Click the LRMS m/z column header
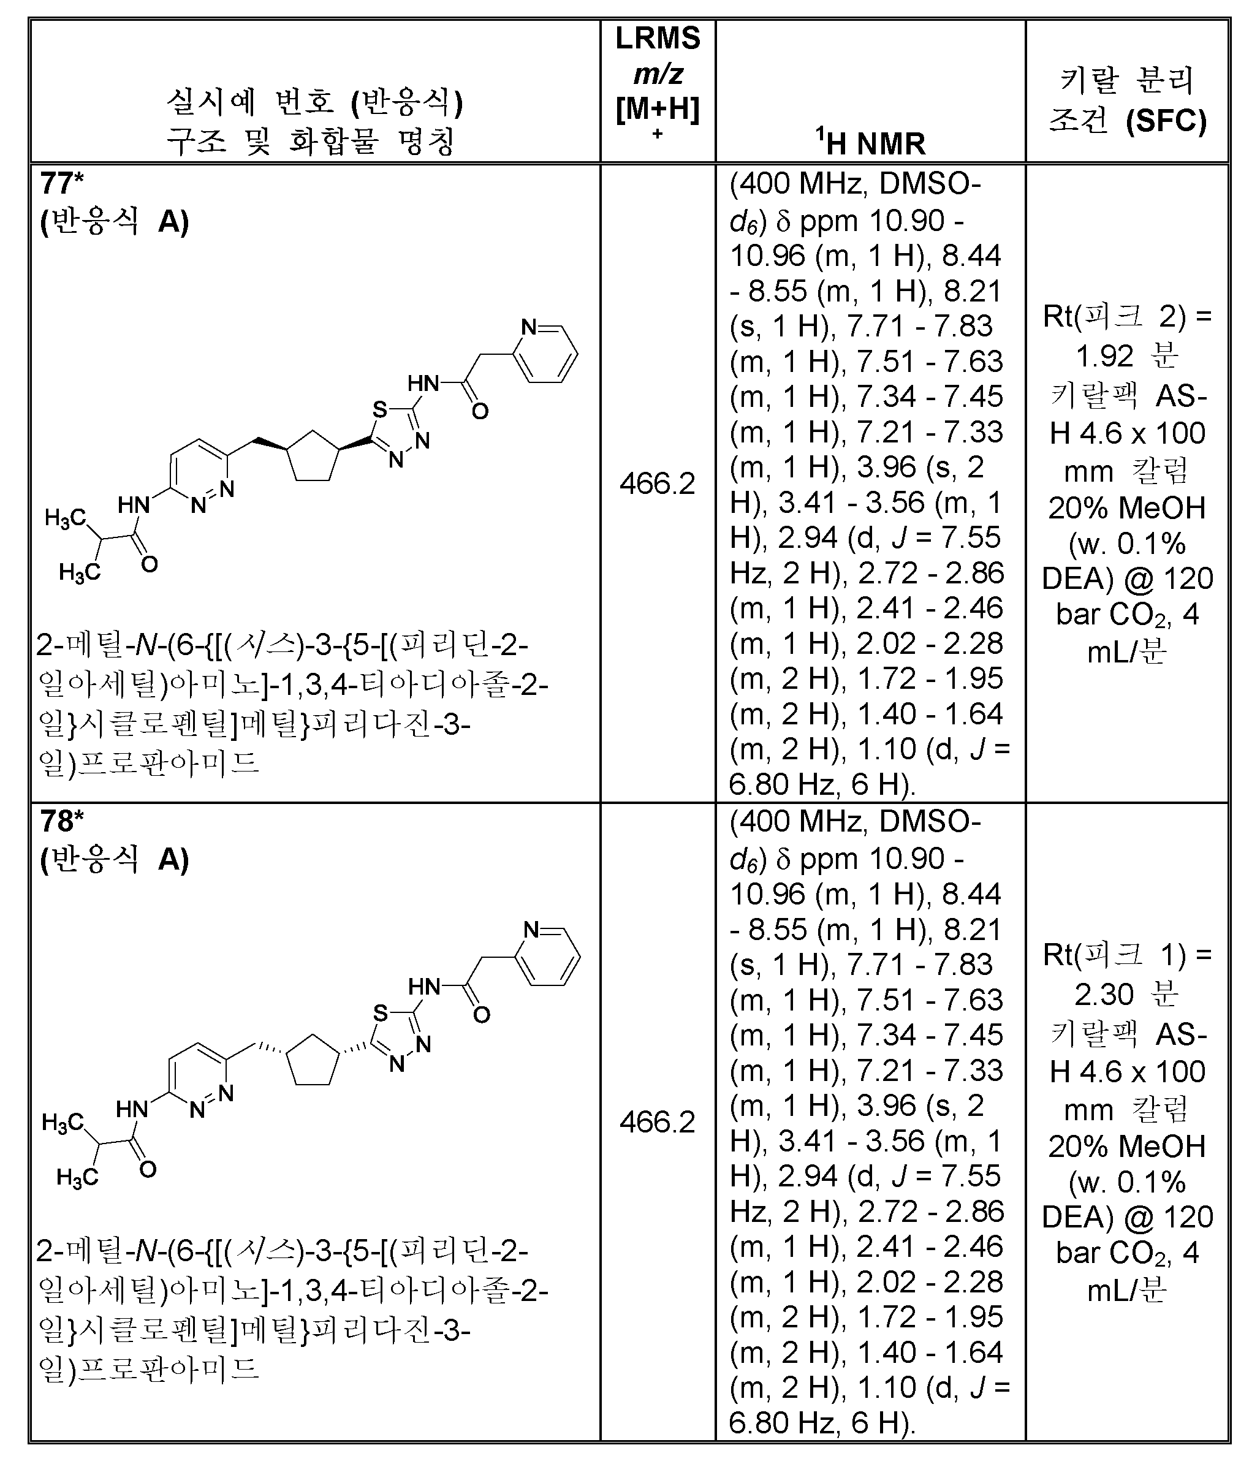click(x=657, y=74)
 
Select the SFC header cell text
click(x=1126, y=101)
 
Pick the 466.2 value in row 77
click(x=657, y=484)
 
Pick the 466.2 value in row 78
click(x=657, y=1122)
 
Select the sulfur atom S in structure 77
click(x=379, y=409)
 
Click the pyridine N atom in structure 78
click(x=531, y=930)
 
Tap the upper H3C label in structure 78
click(x=63, y=1122)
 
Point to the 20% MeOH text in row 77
click(x=1126, y=507)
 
